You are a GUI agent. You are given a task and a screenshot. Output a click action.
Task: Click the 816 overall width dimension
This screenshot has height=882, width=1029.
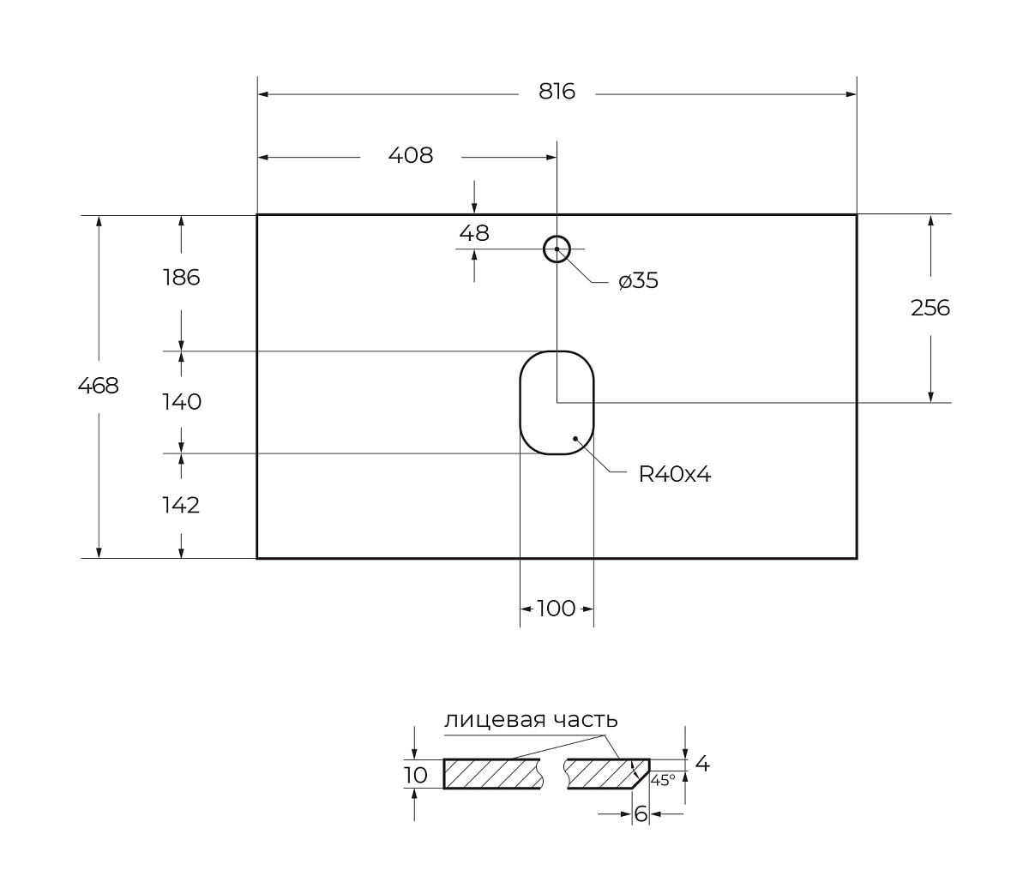[x=557, y=92]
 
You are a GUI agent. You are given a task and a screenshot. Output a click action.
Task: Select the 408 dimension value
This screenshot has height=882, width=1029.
[x=411, y=156]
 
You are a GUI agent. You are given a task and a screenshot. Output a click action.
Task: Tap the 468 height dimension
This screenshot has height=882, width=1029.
[x=99, y=387]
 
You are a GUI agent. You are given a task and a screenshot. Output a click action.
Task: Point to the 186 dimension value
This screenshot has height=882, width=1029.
[x=181, y=278]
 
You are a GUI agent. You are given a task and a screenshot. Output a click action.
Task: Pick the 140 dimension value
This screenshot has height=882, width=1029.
[x=181, y=402]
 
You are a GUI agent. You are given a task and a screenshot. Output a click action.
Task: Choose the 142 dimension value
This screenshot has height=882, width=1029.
[x=181, y=506]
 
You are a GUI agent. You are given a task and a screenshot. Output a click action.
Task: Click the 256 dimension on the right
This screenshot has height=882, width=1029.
[x=930, y=308]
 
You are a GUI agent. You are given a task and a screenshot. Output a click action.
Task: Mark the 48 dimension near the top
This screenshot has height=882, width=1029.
[x=474, y=232]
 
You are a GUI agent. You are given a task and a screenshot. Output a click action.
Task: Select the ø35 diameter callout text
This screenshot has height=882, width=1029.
[x=639, y=281]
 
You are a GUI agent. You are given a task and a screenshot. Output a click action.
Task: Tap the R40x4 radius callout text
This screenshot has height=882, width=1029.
[x=675, y=474]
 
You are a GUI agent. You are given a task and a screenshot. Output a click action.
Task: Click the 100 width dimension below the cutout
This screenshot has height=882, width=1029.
[x=557, y=609]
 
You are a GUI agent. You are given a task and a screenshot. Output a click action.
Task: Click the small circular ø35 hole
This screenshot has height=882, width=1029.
[x=557, y=249]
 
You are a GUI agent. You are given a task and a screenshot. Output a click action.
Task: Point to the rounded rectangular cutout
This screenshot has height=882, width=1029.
[x=557, y=402]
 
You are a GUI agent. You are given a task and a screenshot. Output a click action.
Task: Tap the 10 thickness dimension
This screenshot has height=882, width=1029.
[x=415, y=776]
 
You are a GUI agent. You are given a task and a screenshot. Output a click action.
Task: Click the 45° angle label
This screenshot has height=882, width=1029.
[x=663, y=780]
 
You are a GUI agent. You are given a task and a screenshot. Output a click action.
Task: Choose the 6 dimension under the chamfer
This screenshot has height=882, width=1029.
[x=641, y=814]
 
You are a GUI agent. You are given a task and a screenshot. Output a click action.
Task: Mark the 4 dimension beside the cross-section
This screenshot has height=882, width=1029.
[x=702, y=763]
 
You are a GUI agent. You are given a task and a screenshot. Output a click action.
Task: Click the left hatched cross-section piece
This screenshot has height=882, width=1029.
[x=492, y=774]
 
